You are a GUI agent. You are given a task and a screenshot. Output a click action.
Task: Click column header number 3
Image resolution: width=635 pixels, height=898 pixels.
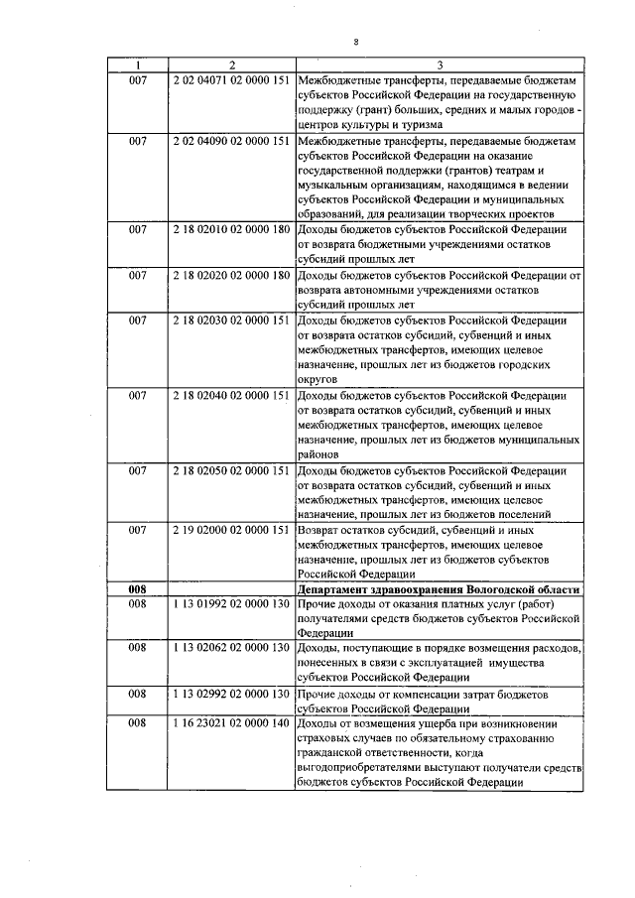tap(439, 64)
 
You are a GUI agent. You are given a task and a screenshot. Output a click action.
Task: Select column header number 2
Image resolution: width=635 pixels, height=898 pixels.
tap(231, 64)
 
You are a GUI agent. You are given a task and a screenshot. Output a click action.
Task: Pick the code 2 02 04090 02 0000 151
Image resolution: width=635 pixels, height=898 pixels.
tap(231, 143)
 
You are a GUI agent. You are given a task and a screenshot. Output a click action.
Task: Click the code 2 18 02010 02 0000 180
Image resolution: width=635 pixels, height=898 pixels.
tap(231, 230)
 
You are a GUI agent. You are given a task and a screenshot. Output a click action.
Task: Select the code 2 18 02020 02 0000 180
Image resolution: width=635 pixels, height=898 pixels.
tap(231, 274)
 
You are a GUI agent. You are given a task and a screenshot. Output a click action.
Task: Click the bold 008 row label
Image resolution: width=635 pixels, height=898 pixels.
tap(138, 588)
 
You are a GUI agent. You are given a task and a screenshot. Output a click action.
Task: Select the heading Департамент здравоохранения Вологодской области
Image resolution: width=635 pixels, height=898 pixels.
tap(439, 588)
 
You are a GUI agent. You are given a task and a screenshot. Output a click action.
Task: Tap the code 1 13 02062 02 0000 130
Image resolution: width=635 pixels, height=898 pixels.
tap(231, 648)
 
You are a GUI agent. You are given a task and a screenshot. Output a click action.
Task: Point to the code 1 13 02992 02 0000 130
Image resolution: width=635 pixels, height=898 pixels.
tap(231, 693)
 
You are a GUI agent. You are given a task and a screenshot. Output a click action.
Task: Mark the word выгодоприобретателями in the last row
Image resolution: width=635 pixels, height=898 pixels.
tap(364, 768)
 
